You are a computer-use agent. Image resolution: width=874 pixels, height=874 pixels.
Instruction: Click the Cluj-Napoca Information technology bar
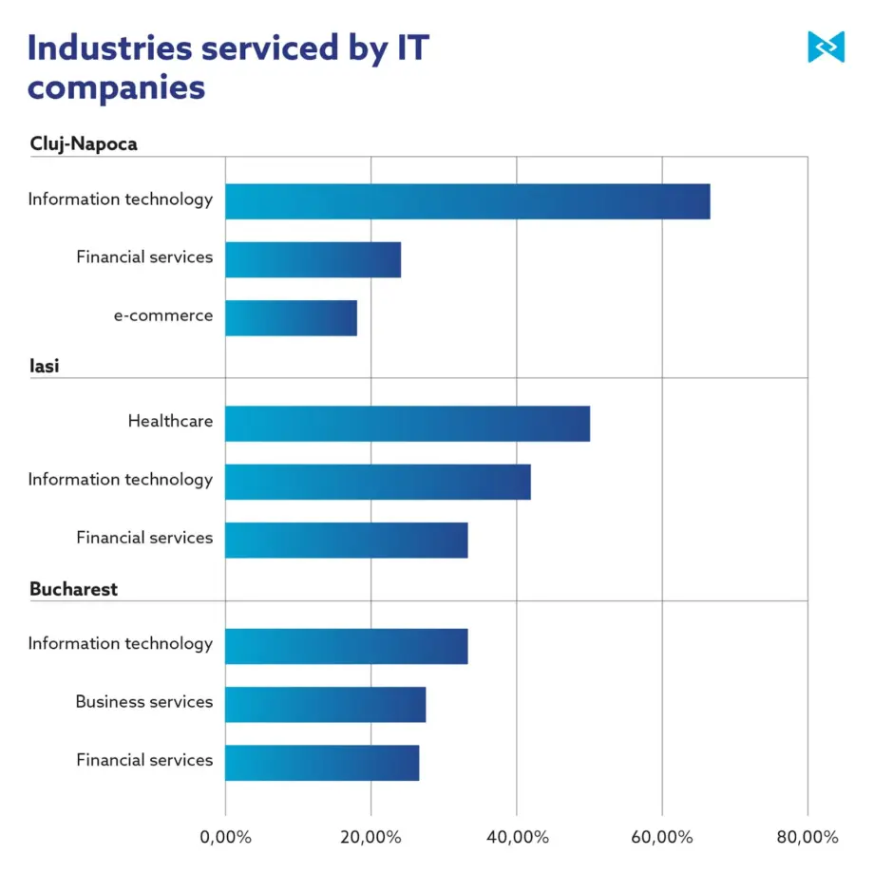click(467, 201)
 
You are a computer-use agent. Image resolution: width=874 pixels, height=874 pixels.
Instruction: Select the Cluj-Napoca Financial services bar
click(313, 259)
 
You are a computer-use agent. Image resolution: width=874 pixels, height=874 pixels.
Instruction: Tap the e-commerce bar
click(291, 317)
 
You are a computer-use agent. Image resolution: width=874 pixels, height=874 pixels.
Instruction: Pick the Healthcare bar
click(408, 424)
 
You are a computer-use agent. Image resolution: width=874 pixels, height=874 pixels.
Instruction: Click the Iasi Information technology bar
click(378, 482)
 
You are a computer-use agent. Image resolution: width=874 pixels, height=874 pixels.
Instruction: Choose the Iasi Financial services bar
click(347, 541)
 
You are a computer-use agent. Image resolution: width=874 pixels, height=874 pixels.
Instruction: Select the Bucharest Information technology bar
click(347, 646)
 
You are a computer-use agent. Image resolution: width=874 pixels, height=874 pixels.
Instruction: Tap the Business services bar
click(326, 705)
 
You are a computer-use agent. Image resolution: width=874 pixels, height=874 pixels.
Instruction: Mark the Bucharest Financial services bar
click(322, 763)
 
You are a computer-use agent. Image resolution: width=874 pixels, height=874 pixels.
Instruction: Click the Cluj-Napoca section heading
click(84, 143)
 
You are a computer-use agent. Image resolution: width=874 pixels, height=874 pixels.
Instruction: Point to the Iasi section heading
click(44, 366)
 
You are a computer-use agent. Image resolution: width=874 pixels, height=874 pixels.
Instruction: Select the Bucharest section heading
click(73, 589)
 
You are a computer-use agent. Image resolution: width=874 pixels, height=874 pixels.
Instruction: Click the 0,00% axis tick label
click(226, 837)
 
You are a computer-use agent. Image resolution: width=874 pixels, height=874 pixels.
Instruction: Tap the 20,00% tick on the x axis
click(370, 837)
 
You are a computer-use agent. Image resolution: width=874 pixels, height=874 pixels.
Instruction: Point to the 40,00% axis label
click(517, 837)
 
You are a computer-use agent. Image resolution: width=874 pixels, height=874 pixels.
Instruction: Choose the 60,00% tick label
click(662, 837)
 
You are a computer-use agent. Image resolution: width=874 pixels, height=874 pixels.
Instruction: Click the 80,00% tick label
click(807, 837)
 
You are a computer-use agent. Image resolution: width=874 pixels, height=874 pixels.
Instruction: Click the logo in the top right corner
click(826, 47)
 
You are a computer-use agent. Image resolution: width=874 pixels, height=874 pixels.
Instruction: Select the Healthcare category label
click(171, 421)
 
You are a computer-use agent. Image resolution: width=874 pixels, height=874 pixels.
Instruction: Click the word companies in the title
click(117, 88)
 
